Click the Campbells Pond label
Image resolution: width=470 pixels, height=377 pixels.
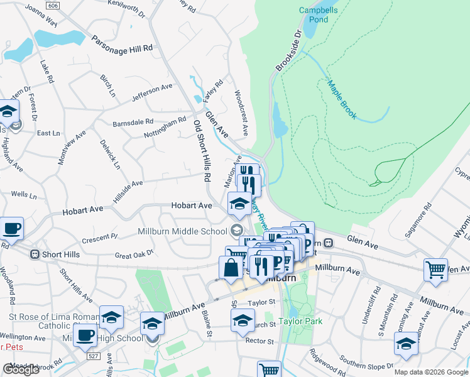pyautogui.click(x=313, y=14)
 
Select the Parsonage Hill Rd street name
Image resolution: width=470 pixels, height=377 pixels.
pyautogui.click(x=122, y=43)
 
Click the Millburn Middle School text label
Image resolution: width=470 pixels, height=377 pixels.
pyautogui.click(x=182, y=231)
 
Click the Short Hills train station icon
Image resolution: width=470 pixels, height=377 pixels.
pyautogui.click(x=35, y=254)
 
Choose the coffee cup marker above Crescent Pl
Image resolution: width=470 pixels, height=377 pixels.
pyautogui.click(x=11, y=228)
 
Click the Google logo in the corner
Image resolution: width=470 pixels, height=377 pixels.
pyautogui.click(x=21, y=369)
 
